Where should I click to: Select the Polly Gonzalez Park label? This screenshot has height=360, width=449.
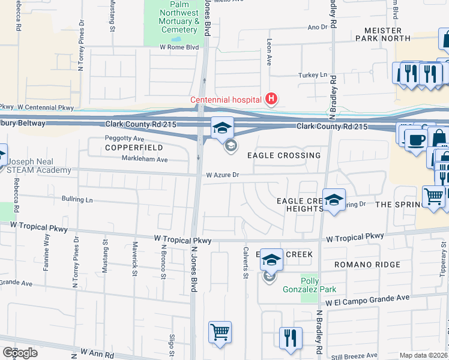click(318, 285)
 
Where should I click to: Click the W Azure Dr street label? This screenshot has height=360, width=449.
click(223, 175)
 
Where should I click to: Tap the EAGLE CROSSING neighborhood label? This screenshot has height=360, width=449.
click(285, 155)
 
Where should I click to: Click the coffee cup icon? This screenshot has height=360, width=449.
click(415, 140)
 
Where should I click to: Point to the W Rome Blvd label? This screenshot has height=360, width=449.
click(178, 47)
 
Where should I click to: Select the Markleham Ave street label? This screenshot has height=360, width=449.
click(145, 160)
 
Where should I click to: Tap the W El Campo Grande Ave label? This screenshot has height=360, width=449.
click(367, 299)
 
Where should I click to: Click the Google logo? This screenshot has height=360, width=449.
click(20, 352)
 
